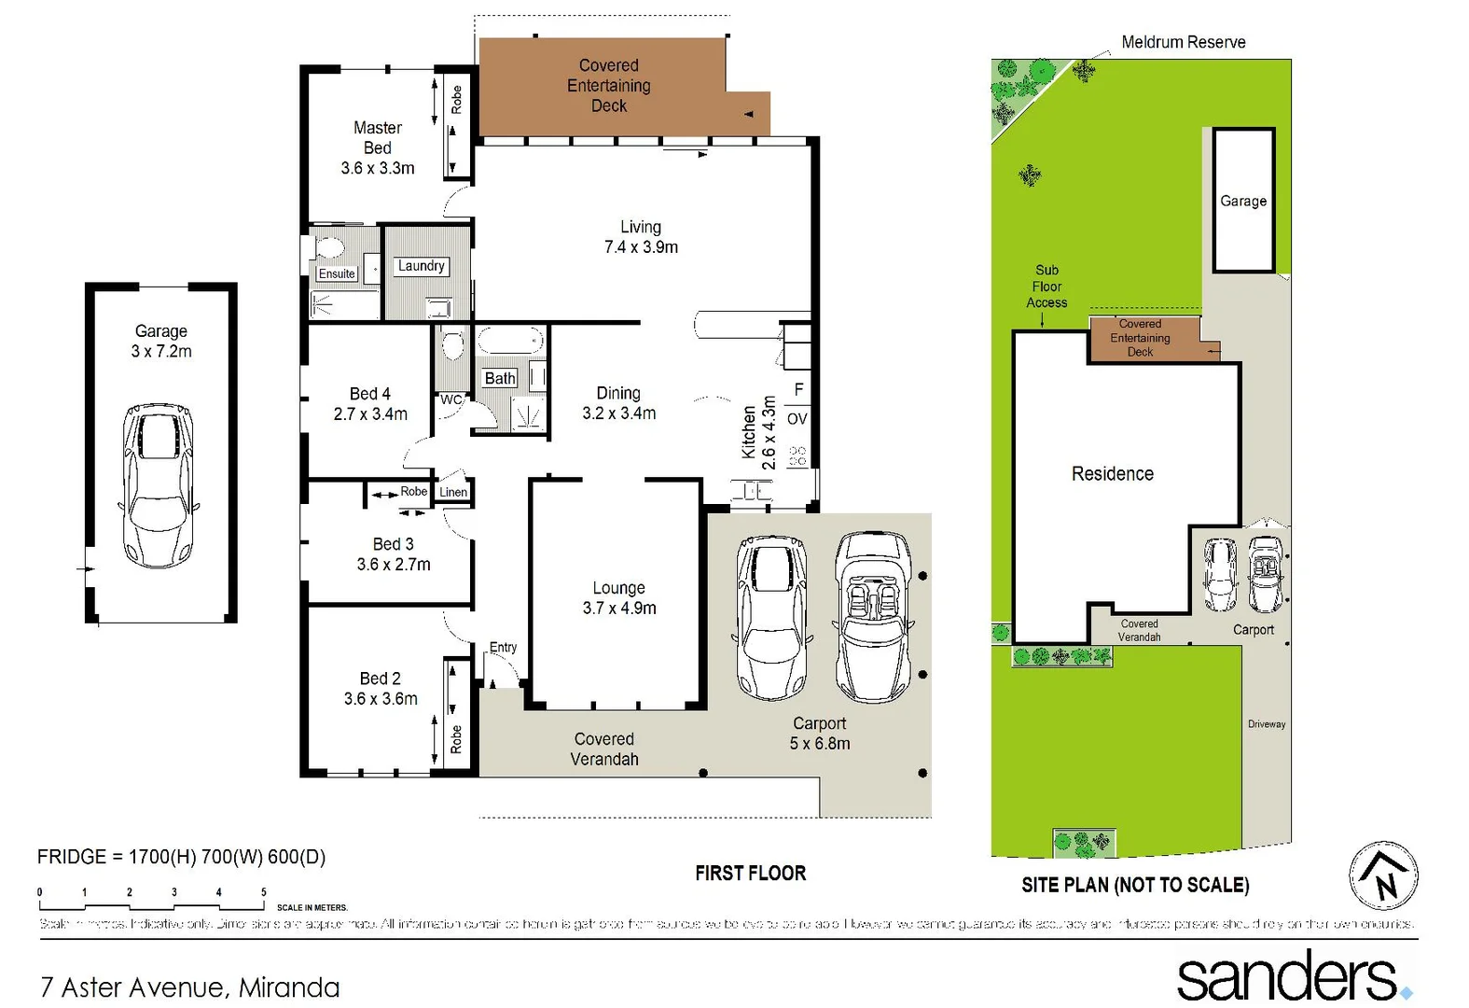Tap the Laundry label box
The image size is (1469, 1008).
pos(421,266)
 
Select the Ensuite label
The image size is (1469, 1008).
pos(337,273)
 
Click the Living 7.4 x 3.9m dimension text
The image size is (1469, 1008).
pos(641,247)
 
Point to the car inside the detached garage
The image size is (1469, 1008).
pos(159,486)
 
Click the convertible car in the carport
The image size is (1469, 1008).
pos(873,616)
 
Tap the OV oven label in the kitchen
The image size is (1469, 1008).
pos(797,419)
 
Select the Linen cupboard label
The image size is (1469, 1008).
pos(453,492)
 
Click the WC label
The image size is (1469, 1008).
pos(451,399)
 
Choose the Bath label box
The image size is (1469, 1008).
pos(500,378)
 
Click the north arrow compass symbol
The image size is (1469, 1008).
pos(1383,875)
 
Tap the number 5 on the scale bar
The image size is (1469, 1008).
pos(264,892)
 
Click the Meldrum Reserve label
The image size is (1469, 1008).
pos(1183,42)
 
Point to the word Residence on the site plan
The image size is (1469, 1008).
pos(1112,474)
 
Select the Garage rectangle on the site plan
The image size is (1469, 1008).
pos(1243,201)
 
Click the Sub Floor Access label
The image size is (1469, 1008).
pos(1046,286)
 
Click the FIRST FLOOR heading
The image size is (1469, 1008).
pos(750,874)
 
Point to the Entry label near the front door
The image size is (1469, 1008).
pos(503,647)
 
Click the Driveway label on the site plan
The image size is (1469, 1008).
pos(1266,724)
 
